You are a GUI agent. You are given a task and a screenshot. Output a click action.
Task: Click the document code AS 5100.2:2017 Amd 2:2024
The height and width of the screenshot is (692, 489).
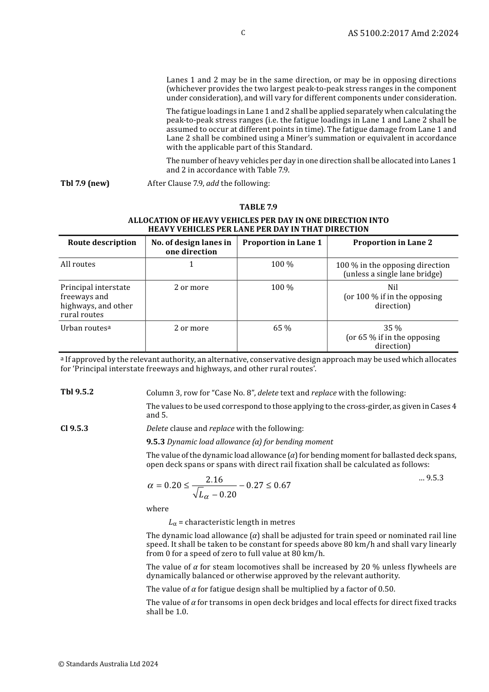(x=403, y=33)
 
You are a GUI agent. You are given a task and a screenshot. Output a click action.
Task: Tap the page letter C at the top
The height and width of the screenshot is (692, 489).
(x=243, y=33)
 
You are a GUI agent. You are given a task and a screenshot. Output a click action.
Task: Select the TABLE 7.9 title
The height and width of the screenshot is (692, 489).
(x=258, y=207)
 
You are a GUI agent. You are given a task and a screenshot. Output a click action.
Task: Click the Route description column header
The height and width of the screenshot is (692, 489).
(x=102, y=243)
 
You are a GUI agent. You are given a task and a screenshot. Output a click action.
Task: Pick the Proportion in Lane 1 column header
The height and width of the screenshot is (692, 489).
(x=282, y=243)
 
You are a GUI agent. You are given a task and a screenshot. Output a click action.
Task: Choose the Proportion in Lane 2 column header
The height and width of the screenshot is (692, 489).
(x=392, y=243)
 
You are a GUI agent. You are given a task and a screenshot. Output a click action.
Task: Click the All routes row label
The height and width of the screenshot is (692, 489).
(x=78, y=264)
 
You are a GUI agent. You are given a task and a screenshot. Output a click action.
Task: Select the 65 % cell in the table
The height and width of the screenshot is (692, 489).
(x=282, y=328)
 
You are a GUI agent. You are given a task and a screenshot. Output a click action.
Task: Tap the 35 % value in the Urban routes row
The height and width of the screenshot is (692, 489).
(x=392, y=328)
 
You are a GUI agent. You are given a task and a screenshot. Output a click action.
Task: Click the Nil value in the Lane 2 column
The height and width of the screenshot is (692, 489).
(x=392, y=287)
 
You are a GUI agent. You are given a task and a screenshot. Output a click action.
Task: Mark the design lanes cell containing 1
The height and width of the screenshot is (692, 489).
(x=191, y=264)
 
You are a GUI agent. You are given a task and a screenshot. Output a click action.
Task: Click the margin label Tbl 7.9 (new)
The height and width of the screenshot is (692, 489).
(x=85, y=183)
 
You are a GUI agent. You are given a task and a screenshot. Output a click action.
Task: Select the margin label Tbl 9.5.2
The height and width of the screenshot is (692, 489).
(x=77, y=392)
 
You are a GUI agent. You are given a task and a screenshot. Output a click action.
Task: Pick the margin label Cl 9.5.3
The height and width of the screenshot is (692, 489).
(x=74, y=428)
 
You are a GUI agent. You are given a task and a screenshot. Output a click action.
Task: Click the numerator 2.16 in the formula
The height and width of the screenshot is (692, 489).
(x=214, y=479)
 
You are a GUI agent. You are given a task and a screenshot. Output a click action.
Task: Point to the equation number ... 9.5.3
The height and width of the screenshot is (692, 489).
(x=431, y=478)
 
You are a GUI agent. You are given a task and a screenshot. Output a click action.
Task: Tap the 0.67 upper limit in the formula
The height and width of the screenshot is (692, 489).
(x=282, y=485)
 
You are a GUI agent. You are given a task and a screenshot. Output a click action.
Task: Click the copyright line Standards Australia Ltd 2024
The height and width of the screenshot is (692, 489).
(x=108, y=664)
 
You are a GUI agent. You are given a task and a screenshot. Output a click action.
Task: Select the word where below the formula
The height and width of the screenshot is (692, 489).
(x=157, y=509)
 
